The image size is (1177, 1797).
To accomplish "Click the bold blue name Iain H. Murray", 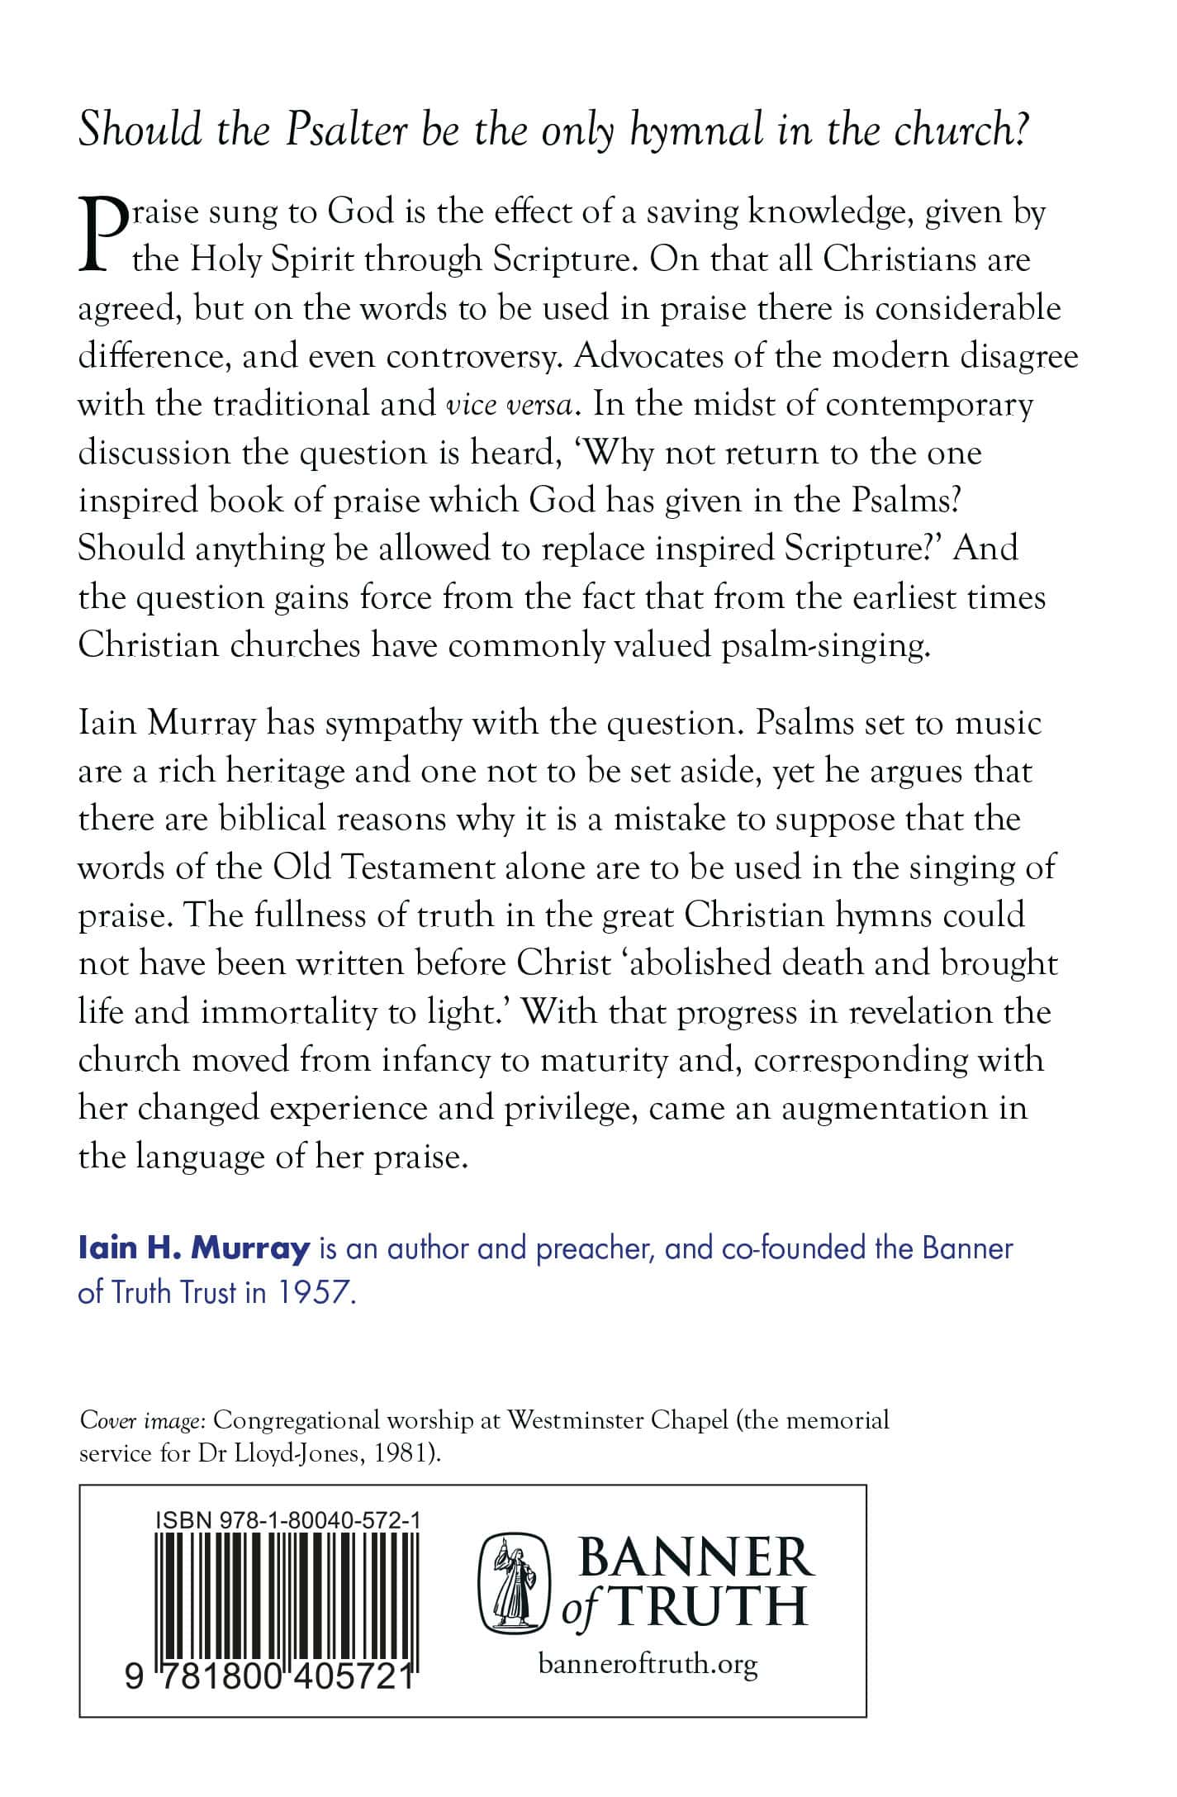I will click(x=194, y=1248).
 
